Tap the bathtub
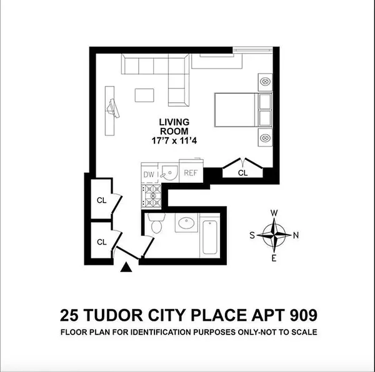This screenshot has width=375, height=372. tap(209, 235)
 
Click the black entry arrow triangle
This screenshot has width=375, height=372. tap(126, 268)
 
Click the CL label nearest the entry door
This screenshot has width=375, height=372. tap(101, 241)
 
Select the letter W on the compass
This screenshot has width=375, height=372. tap(274, 213)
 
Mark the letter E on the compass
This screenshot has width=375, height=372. tap(274, 258)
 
